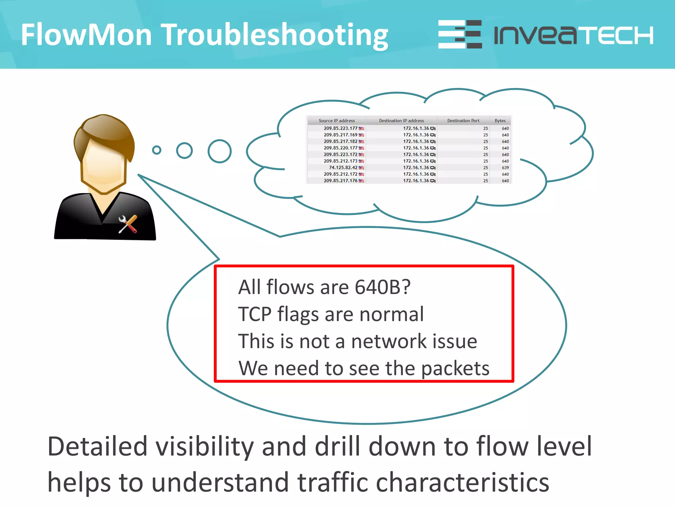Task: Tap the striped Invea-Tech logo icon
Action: [x=460, y=34]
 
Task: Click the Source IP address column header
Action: [x=337, y=121]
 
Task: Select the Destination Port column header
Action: [x=463, y=121]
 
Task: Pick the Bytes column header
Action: [x=500, y=121]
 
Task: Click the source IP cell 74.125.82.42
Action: [x=343, y=168]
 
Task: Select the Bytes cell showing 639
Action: [x=505, y=168]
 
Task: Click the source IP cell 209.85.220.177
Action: [x=340, y=148]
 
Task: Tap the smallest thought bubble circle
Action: [x=157, y=150]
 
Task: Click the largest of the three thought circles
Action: [x=220, y=151]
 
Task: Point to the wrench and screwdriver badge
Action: [x=128, y=224]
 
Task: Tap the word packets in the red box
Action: [x=455, y=368]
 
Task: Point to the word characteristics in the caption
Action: [x=462, y=482]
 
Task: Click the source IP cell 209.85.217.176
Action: [x=340, y=181]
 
